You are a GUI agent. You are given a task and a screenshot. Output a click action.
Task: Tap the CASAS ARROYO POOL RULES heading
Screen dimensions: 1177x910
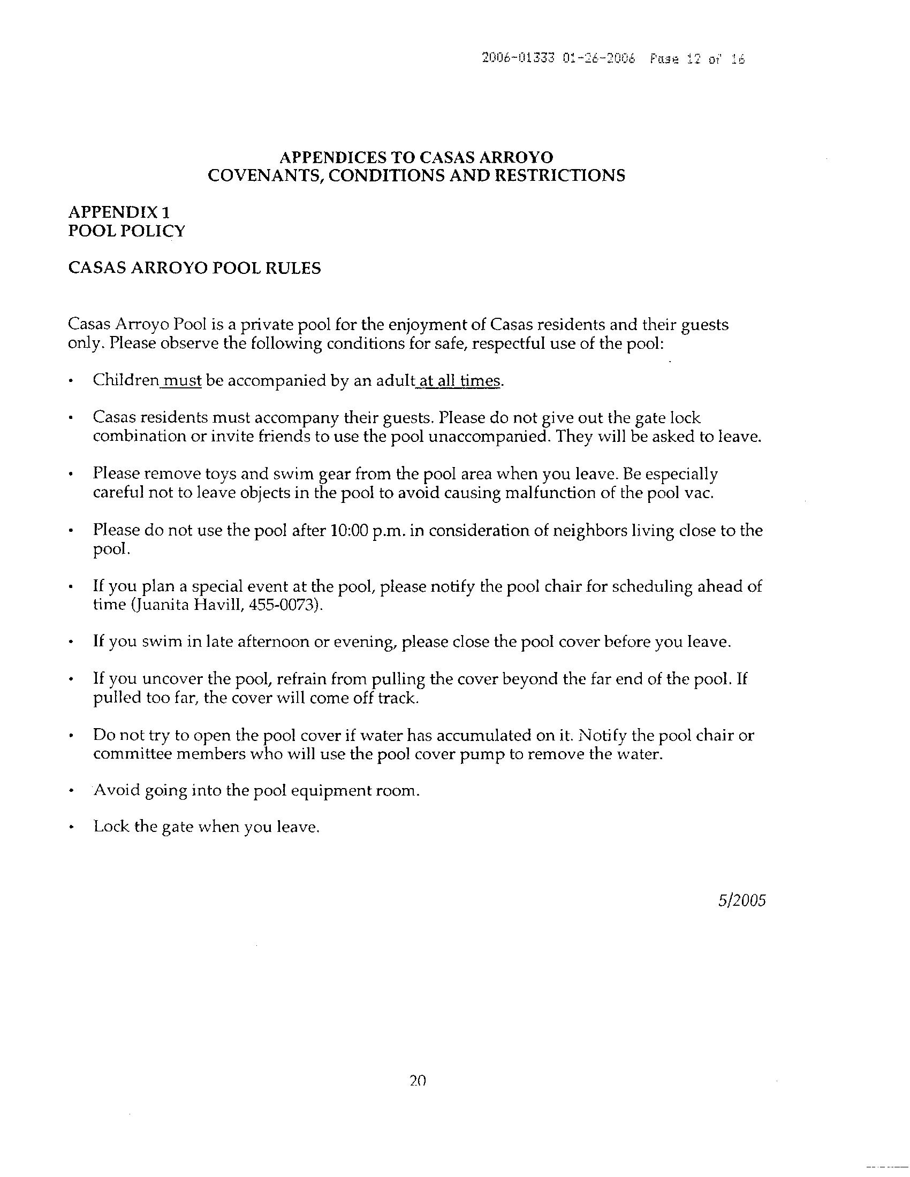(x=194, y=268)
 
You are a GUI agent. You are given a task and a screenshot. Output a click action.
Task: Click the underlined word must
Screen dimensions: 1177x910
(x=182, y=380)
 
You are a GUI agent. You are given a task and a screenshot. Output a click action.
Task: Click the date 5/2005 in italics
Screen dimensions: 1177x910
(x=741, y=900)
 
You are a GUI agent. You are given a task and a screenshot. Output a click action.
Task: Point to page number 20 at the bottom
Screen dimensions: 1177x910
(x=418, y=1080)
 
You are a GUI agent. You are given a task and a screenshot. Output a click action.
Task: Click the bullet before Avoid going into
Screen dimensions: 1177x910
(x=71, y=791)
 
